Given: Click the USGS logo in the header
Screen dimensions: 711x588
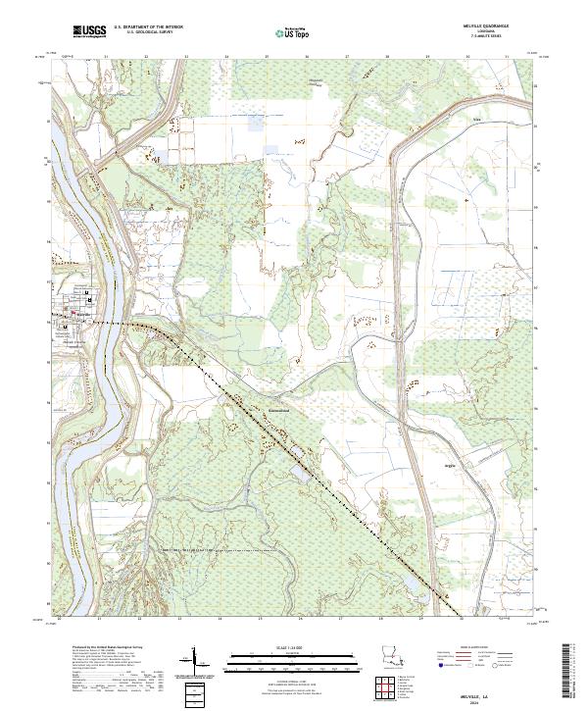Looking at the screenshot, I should pos(89,32).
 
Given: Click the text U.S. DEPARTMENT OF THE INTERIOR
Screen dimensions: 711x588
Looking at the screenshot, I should pos(148,27).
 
